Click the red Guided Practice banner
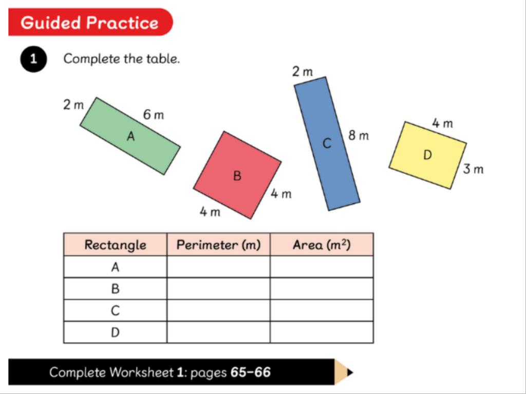point(90,22)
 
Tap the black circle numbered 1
point(33,59)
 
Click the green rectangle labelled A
point(130,136)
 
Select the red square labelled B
point(237,175)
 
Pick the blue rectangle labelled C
point(327,144)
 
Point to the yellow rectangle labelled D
point(428,155)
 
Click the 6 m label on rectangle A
point(154,115)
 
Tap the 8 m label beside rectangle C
point(359,135)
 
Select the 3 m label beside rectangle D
point(473,169)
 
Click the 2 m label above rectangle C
point(302,71)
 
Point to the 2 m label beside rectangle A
point(73,105)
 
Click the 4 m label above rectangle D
point(442,123)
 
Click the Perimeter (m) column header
point(218,245)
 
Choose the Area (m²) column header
point(322,245)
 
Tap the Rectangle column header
point(115,245)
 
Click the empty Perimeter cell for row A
point(218,267)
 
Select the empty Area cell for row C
point(322,310)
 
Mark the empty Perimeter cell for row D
point(218,332)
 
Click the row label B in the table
point(115,288)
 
